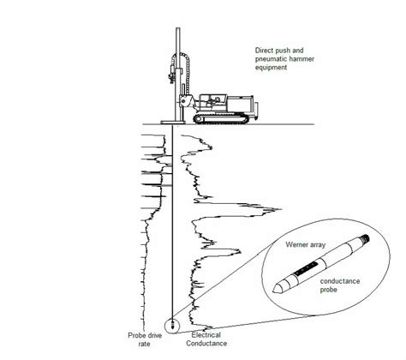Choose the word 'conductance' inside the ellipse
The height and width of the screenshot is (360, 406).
coord(341,281)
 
